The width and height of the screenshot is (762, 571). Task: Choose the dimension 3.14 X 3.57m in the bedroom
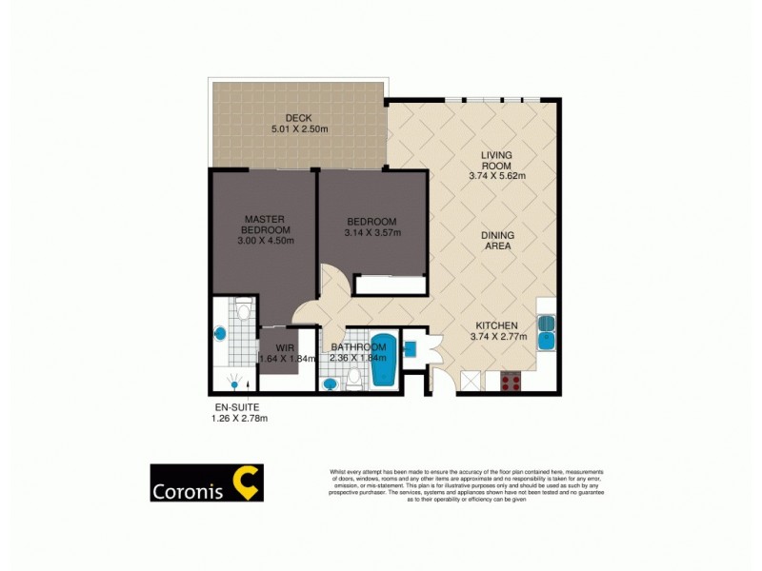click(x=372, y=233)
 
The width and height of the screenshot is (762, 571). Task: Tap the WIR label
click(x=284, y=347)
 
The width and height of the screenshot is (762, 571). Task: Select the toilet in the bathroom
click(x=354, y=379)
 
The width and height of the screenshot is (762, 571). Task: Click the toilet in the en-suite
click(x=243, y=309)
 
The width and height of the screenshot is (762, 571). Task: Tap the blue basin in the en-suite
click(x=221, y=334)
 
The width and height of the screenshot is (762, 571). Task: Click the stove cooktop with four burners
click(x=510, y=382)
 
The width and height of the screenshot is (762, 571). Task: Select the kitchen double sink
click(x=548, y=331)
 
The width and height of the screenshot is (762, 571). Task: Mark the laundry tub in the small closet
click(x=411, y=346)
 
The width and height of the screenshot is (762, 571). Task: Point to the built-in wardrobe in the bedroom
click(x=391, y=285)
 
